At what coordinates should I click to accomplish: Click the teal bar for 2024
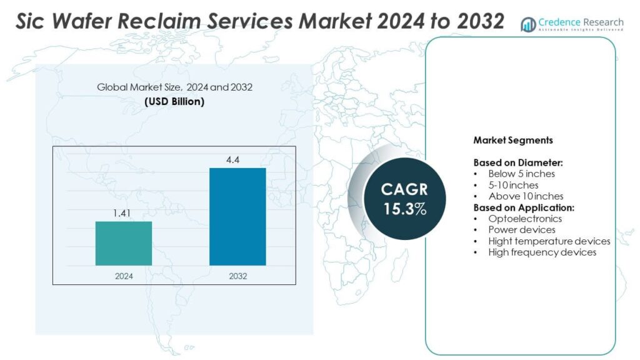click(123, 243)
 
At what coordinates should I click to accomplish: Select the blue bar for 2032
click(237, 216)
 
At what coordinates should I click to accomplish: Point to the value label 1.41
click(123, 214)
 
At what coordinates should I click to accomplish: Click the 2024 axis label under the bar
click(123, 276)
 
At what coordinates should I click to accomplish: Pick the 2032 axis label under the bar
click(237, 276)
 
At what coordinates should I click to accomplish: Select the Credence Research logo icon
click(528, 24)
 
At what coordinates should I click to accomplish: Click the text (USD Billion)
click(174, 101)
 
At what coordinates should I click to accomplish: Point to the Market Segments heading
click(512, 140)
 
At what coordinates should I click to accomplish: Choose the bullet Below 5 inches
click(521, 174)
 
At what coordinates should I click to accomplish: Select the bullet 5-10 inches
click(513, 185)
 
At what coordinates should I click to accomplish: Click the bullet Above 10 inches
click(526, 196)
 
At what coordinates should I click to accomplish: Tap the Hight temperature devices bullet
click(549, 241)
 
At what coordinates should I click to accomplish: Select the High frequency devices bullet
click(542, 252)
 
